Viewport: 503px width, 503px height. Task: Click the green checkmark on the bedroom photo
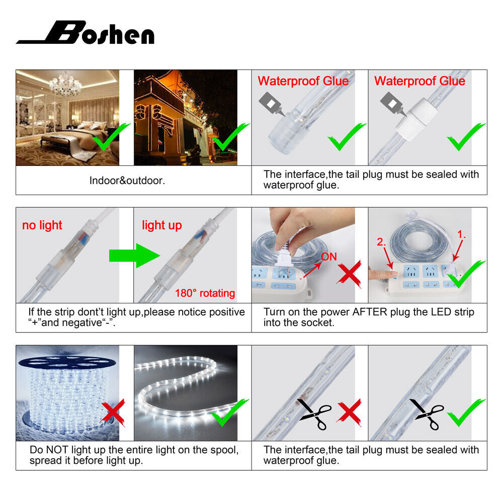pos(111,136)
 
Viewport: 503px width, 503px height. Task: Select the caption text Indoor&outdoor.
pos(127,181)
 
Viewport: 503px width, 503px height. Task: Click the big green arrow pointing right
pos(134,256)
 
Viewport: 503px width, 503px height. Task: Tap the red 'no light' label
pos(42,225)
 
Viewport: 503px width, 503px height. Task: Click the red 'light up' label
pos(162,225)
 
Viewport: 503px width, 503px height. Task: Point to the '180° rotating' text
pos(205,293)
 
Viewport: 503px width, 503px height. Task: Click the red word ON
pos(329,257)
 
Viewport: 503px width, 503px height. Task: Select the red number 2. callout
pos(381,241)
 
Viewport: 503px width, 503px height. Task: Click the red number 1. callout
pos(461,234)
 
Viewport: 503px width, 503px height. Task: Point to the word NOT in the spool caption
pos(56,450)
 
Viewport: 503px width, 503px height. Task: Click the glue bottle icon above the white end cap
pos(392,104)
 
